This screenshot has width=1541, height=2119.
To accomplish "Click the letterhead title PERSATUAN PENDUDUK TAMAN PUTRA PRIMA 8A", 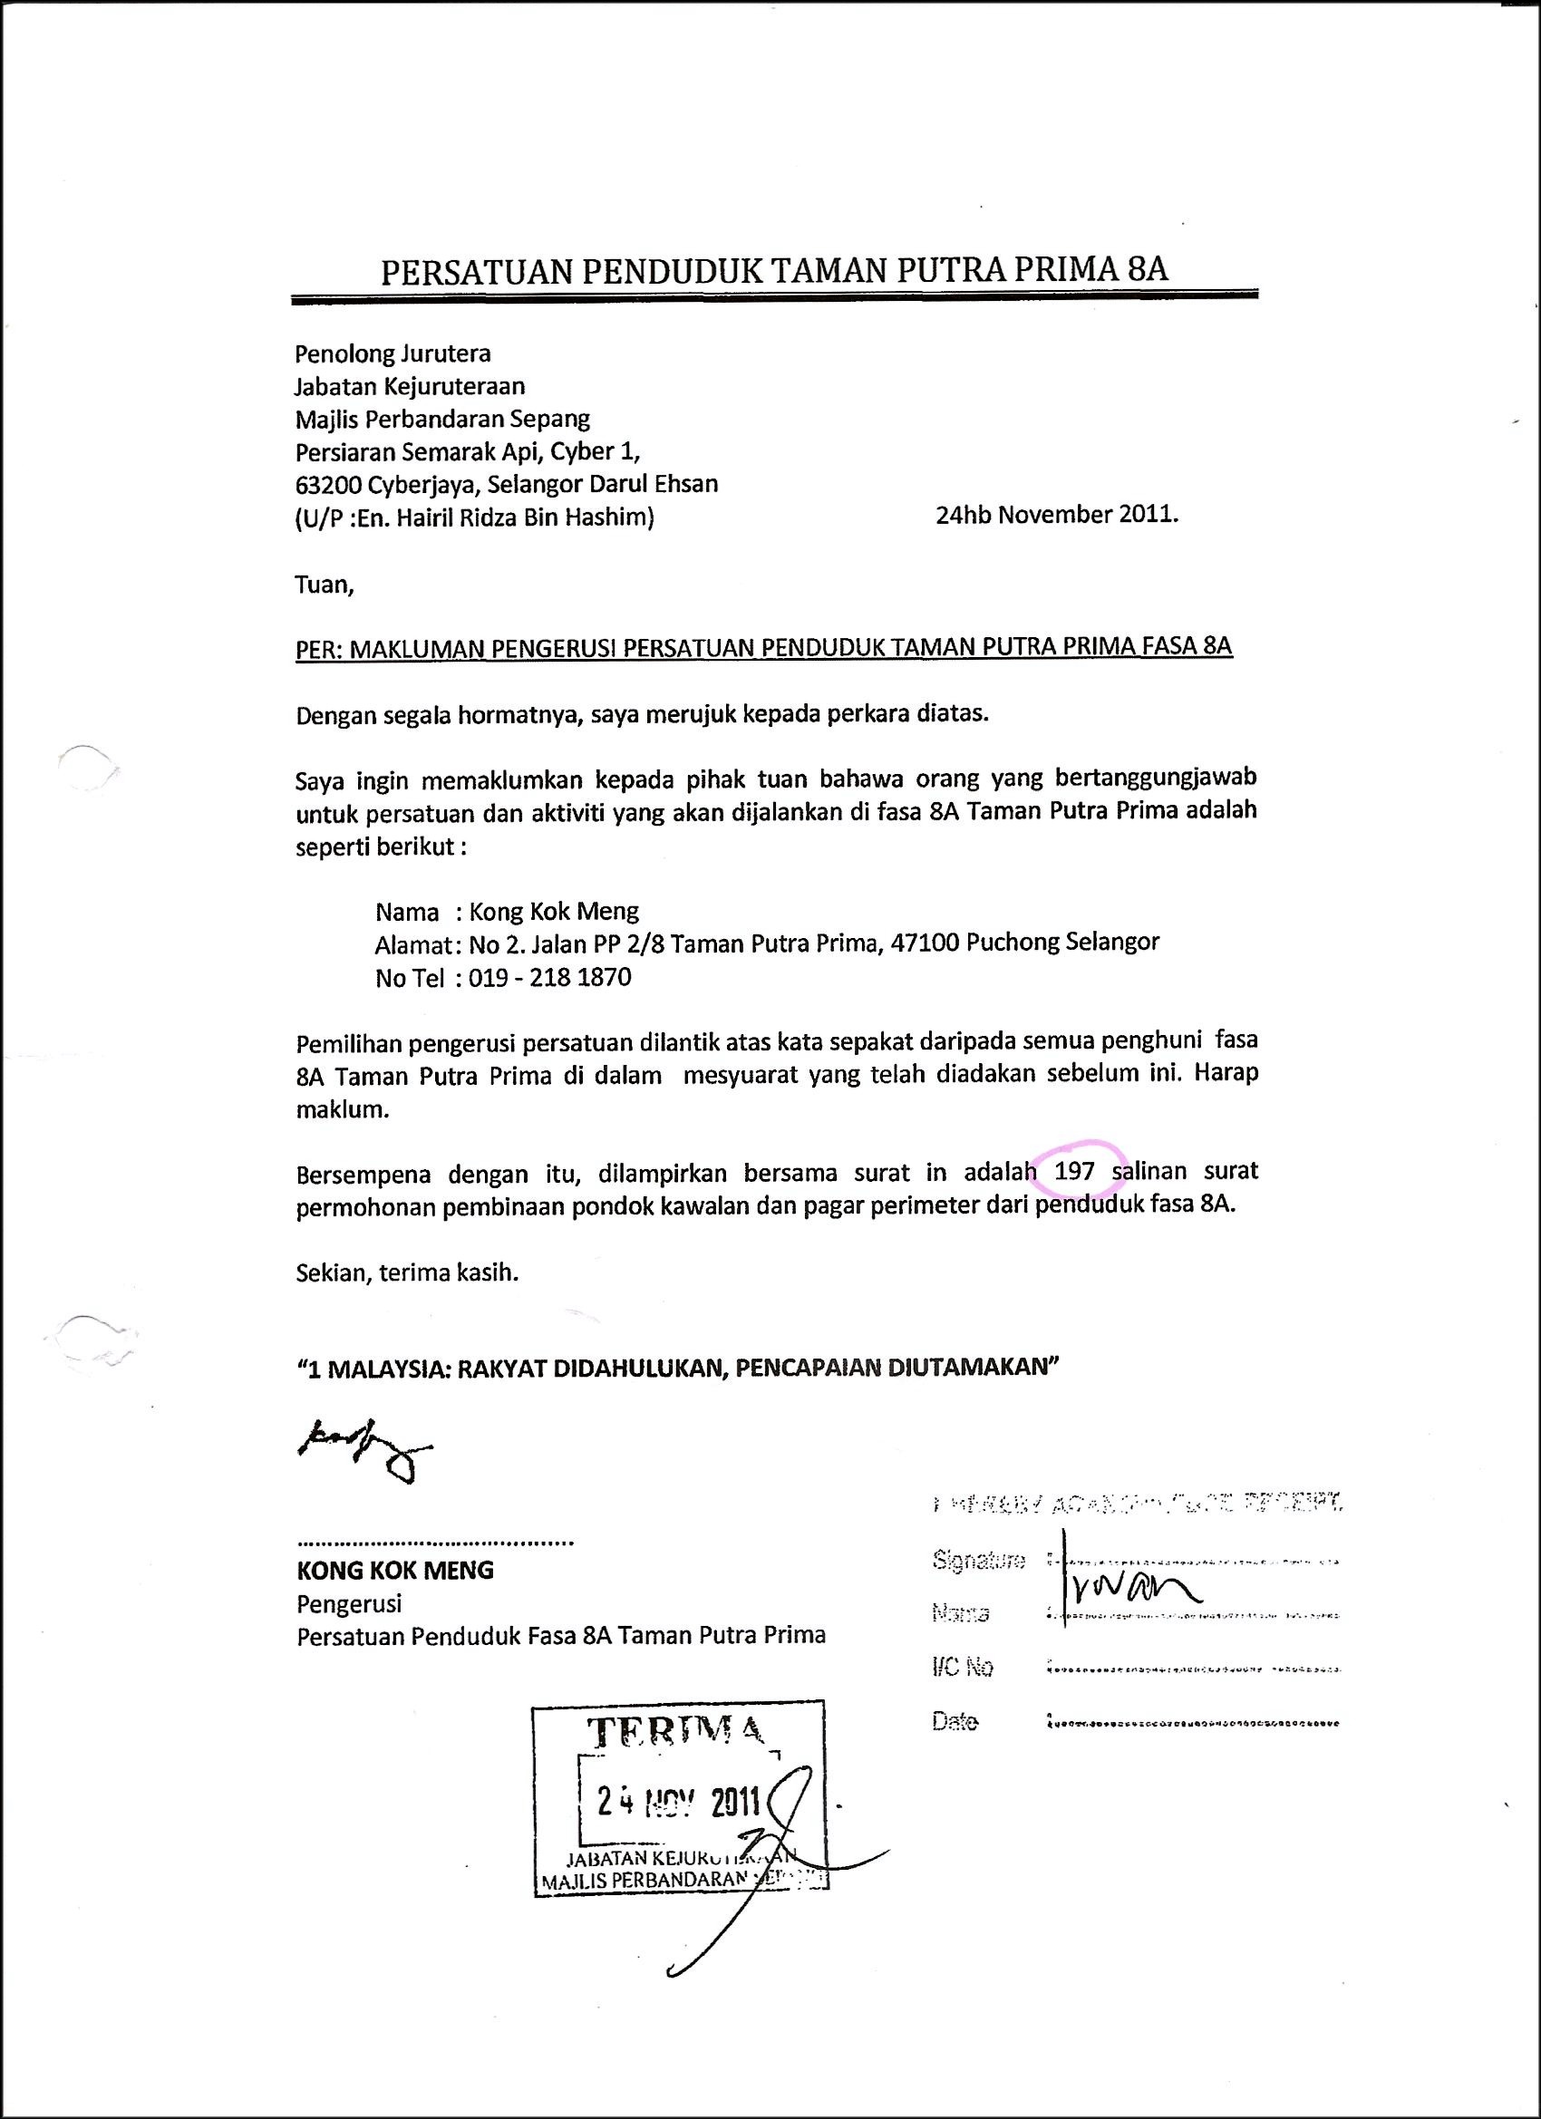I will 774,271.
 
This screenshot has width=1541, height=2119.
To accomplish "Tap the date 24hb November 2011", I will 1057,515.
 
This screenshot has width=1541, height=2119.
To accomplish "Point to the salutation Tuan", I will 325,585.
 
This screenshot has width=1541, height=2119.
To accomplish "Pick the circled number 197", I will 1074,1171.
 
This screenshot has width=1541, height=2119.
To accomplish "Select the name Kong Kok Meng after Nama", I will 553,911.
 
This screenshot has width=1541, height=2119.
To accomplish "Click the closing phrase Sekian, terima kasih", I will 406,1272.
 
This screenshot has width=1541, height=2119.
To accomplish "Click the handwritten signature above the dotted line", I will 363,1451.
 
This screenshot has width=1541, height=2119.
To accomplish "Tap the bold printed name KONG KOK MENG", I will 395,1571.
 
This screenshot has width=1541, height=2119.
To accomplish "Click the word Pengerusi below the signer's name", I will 349,1604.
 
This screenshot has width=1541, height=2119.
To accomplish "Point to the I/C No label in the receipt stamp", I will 963,1668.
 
